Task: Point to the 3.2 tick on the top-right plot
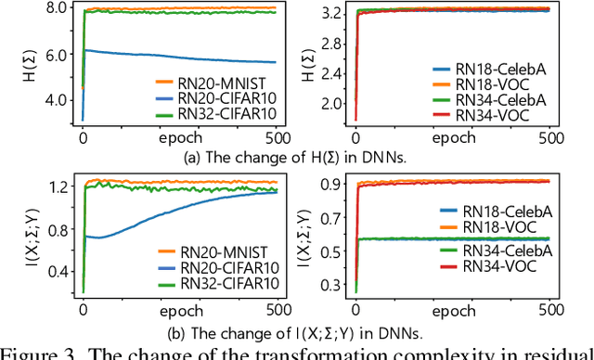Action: point(335,15)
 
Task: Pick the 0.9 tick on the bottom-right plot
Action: point(335,184)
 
